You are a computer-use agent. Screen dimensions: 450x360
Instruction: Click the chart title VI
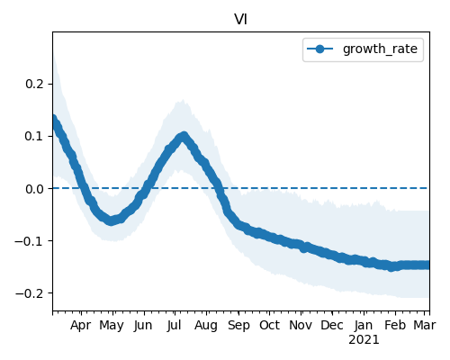click(240, 20)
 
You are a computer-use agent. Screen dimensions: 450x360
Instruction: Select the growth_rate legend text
click(380, 49)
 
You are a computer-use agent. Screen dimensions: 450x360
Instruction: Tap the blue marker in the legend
click(320, 49)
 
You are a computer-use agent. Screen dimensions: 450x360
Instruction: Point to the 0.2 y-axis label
click(35, 84)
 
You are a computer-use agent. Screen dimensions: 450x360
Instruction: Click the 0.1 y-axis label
click(35, 136)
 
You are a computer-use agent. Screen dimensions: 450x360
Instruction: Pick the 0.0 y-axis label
click(35, 189)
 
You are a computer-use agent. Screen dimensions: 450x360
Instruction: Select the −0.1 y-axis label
click(30, 241)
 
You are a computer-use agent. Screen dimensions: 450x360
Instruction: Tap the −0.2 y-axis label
click(30, 293)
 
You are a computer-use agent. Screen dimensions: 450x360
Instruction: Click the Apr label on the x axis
click(80, 326)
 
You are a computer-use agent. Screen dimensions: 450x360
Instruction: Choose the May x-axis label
click(112, 326)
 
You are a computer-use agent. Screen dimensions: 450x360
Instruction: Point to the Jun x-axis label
click(143, 326)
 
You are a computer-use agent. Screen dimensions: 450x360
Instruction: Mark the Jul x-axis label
click(174, 326)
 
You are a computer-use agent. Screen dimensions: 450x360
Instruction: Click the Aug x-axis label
click(206, 326)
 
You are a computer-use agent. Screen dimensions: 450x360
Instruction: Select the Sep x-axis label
click(238, 326)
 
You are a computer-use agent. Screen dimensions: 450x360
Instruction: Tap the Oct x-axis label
click(269, 326)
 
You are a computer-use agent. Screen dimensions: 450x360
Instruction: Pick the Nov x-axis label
click(301, 326)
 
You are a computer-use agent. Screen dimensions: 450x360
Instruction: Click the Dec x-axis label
click(332, 326)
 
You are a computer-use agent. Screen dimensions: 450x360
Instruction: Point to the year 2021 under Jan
click(364, 340)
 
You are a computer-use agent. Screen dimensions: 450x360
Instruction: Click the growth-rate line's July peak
click(184, 137)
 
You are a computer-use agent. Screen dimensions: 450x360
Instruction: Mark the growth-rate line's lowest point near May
click(111, 221)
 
